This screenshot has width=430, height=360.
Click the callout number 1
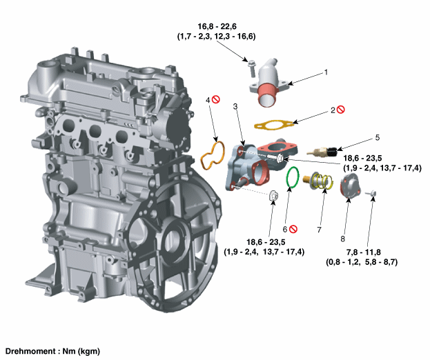(326, 72)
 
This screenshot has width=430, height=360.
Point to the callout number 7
(320, 228)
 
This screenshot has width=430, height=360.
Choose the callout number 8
(343, 238)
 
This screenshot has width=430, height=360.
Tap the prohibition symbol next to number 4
(217, 101)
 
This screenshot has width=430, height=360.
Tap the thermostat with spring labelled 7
(318, 183)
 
